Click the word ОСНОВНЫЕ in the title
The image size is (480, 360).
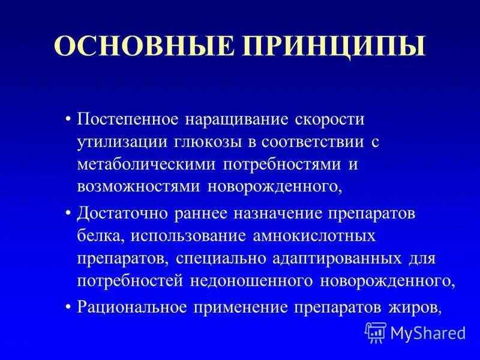point(136,48)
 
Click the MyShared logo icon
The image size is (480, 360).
point(375,332)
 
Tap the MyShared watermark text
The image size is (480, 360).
point(428,332)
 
